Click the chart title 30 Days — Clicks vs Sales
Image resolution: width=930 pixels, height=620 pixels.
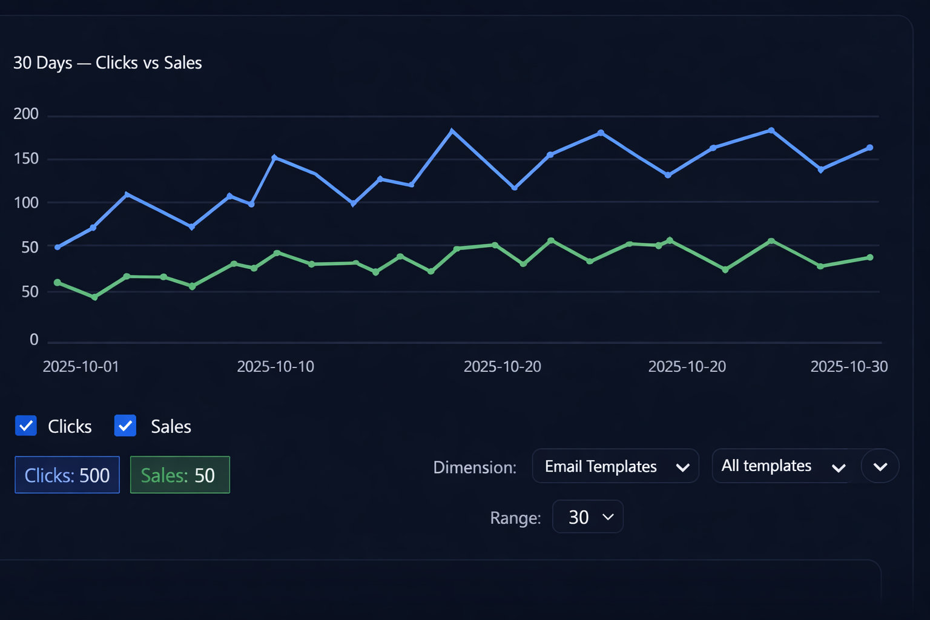(x=108, y=63)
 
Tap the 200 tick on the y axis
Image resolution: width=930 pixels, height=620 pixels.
(x=26, y=114)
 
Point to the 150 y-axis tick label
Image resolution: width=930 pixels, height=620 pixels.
(x=26, y=159)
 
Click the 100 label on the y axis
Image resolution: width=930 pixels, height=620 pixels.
(x=26, y=203)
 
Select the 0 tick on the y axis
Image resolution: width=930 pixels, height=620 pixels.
(x=34, y=340)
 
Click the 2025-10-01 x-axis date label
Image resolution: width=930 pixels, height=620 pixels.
(x=81, y=367)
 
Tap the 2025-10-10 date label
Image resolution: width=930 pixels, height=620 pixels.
(x=275, y=367)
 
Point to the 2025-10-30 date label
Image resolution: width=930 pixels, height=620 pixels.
(x=849, y=367)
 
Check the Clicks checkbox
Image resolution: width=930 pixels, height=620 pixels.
(x=26, y=426)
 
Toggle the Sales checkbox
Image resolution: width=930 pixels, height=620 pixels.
(x=125, y=426)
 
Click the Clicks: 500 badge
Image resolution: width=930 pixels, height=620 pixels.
(x=67, y=475)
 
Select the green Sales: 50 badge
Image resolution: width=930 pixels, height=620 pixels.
(x=180, y=475)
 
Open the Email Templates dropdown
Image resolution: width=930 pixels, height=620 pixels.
(x=615, y=466)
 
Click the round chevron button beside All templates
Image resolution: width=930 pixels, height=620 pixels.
(x=880, y=466)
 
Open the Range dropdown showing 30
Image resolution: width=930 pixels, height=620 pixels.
(x=587, y=517)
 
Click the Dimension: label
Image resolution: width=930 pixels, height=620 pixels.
(x=475, y=467)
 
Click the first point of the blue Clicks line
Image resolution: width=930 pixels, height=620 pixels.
(x=58, y=247)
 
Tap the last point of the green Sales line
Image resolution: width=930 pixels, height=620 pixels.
(x=870, y=257)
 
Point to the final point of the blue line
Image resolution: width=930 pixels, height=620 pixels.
(x=870, y=148)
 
